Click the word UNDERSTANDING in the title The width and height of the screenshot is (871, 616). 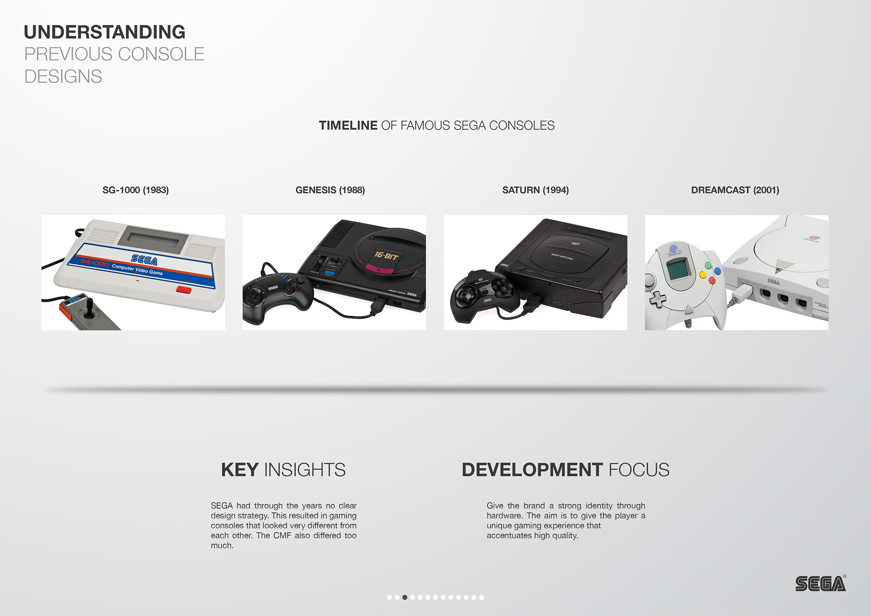point(104,32)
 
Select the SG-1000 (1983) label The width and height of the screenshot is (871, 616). point(135,190)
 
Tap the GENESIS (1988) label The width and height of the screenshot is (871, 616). point(330,190)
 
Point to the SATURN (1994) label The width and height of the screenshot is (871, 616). point(535,190)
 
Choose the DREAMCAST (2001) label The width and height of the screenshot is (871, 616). point(735,190)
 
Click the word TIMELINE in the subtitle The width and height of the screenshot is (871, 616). point(348,125)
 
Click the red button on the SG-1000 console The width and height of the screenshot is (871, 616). point(184,289)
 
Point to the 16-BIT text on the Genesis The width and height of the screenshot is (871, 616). point(386,256)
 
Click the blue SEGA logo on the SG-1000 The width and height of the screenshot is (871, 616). point(144,259)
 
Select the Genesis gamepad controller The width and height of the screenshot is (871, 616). point(276,297)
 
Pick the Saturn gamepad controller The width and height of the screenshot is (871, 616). point(483,295)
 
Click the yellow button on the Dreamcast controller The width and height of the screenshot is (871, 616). point(703,275)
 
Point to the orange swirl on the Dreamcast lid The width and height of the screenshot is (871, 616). point(814,237)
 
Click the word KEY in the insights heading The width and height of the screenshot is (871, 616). point(240,470)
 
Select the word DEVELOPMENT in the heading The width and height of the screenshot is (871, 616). point(532,470)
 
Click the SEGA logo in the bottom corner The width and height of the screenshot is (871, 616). point(820,584)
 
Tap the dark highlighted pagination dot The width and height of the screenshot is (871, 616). point(405,597)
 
